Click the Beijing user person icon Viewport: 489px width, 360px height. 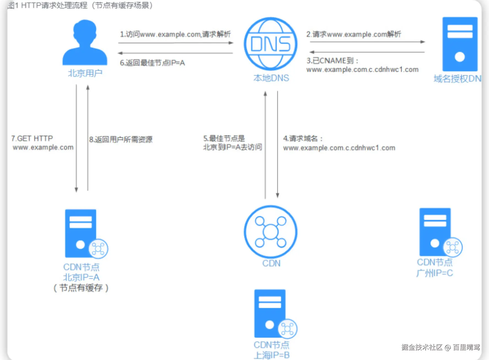pos(85,43)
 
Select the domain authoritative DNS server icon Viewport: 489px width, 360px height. pos(460,44)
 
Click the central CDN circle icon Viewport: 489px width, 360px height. pos(270,232)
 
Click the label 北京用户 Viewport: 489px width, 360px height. pos(85,73)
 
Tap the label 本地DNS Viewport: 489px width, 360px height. pos(271,78)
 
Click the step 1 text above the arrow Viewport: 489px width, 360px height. pos(175,34)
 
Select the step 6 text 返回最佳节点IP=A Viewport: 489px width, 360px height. pos(152,63)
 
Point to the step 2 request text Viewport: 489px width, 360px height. pos(354,34)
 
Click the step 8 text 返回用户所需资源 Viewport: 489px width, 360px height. pos(121,140)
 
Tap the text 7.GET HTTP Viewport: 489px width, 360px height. pos(32,138)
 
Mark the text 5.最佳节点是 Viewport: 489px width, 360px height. pos(224,138)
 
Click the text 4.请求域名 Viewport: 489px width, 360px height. pos(303,138)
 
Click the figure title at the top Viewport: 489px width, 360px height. pos(80,5)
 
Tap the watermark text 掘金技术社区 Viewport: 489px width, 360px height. pos(422,347)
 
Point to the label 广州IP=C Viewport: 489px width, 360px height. pos(434,273)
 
